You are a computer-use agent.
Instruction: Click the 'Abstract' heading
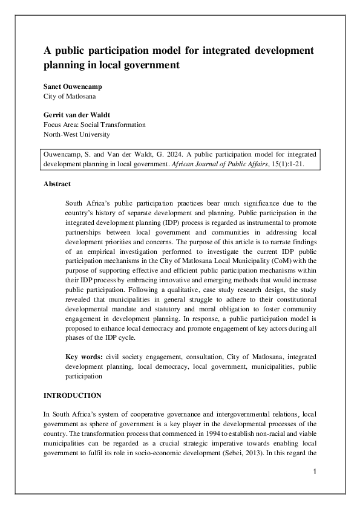click(57, 184)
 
